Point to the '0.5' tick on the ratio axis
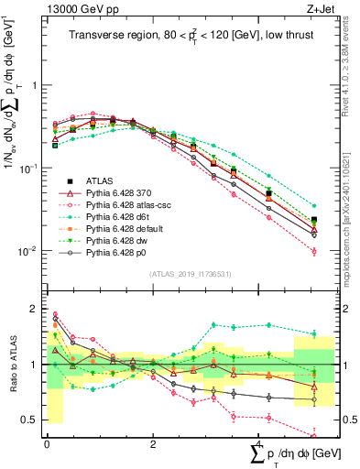tap(34, 420)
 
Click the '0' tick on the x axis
tap(47, 442)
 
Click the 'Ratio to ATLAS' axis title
tap(12, 365)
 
